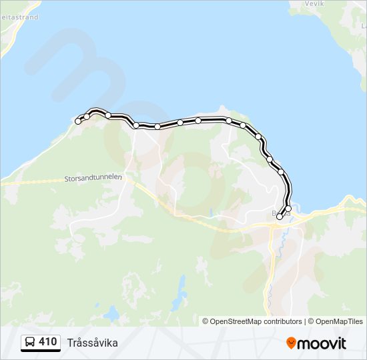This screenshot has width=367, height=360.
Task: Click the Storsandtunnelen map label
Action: (94, 179)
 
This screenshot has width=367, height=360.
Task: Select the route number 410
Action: (47, 342)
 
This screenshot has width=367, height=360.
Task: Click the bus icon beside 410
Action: (30, 343)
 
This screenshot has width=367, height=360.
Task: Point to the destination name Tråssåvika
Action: (93, 343)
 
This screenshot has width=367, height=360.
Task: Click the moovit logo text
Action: (322, 343)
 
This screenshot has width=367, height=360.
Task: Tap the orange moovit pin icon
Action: (291, 343)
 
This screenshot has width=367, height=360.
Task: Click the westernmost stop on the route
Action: (78, 121)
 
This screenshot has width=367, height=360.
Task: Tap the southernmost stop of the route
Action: (280, 216)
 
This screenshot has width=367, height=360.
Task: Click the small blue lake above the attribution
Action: (181, 293)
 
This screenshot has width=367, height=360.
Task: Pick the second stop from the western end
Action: (87, 117)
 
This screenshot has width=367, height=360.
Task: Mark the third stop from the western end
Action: (108, 115)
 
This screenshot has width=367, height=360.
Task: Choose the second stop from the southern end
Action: (288, 209)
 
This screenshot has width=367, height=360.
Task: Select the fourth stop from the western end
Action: (136, 125)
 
